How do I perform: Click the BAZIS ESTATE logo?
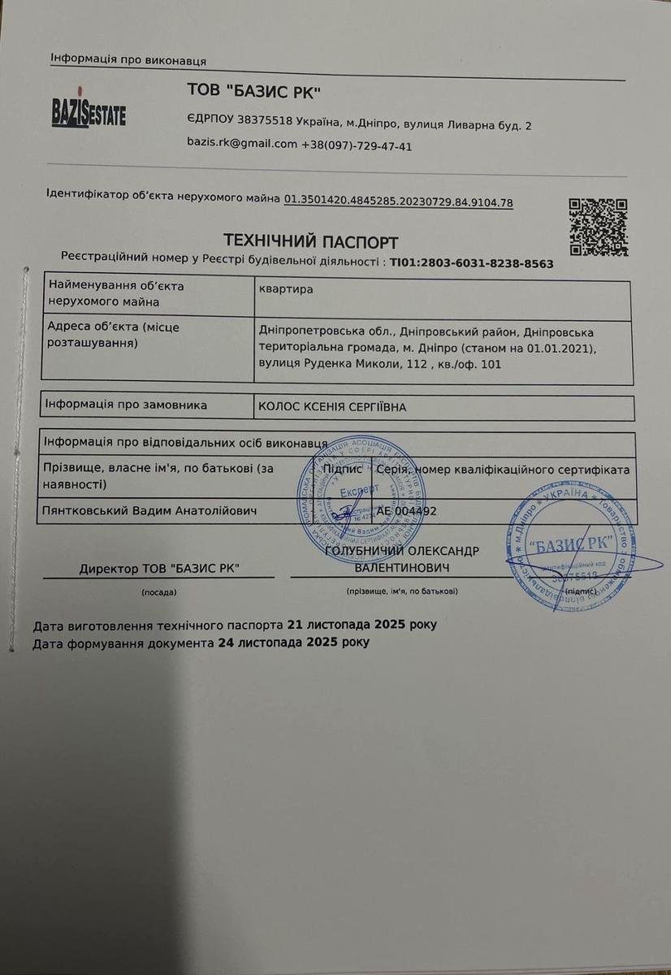click(88, 112)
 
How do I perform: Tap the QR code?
click(598, 227)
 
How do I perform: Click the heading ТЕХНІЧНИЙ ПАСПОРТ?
click(311, 242)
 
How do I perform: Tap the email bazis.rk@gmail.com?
click(242, 145)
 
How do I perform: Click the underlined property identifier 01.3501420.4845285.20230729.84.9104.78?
click(398, 202)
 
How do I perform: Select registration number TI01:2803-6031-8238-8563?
click(472, 263)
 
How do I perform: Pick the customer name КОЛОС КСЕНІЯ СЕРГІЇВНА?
click(331, 407)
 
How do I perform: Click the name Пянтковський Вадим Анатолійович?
click(150, 511)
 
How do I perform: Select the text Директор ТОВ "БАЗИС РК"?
click(160, 569)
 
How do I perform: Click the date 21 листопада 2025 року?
click(362, 626)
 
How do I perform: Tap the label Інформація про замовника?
click(126, 405)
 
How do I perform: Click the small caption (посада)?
click(158, 591)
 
